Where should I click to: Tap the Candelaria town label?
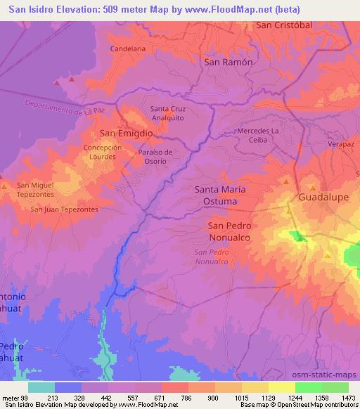tap(128, 49)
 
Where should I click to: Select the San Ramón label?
tap(227, 62)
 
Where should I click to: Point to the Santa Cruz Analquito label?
tap(169, 113)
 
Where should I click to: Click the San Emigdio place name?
tap(126, 133)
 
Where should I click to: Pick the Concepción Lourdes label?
tap(103, 152)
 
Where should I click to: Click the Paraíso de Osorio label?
tap(155, 157)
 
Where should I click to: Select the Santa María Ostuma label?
tap(225, 195)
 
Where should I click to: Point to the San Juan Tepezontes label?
tap(64, 209)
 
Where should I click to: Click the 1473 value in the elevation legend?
tap(347, 398)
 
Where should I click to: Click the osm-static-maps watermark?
tap(330, 376)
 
